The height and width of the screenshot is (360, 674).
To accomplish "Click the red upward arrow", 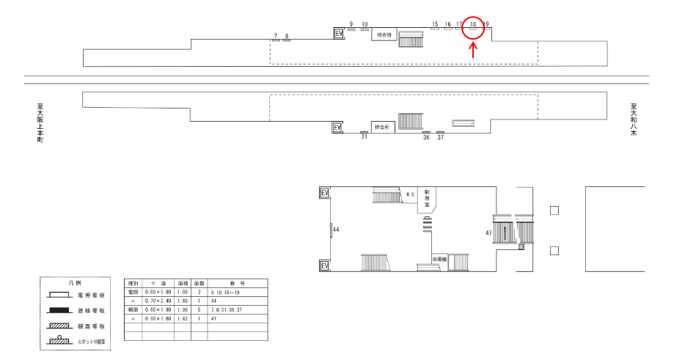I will pos(474,50).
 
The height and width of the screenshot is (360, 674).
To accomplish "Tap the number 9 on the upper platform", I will pos(351,24).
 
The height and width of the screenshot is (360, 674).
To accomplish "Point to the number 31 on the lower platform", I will pos(364,137).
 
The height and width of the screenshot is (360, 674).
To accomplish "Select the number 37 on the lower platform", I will pos(440,137).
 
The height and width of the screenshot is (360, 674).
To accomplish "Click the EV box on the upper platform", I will pos(338,33).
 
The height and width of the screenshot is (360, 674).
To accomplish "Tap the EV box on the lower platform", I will pos(338,127).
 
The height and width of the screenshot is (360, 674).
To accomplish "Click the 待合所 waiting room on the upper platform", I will pos(384,34).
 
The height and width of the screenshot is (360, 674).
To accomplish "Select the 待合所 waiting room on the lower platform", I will pos(383,126).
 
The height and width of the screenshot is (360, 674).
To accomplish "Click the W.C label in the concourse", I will pos(411,194).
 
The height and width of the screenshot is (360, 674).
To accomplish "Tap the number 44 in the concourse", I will pos(337,230).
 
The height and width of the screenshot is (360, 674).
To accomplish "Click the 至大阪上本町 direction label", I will pos(40,121).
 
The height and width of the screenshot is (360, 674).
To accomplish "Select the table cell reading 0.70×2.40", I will pos(158,300).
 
